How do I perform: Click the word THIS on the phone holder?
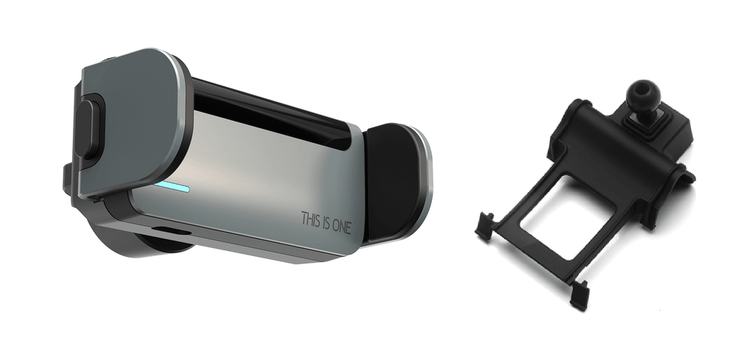pyautogui.click(x=311, y=219)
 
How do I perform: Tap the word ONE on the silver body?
pyautogui.click(x=341, y=226)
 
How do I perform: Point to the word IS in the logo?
pyautogui.click(x=327, y=223)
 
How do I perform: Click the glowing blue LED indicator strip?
pyautogui.click(x=172, y=186)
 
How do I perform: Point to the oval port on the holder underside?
pyautogui.click(x=171, y=231)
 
